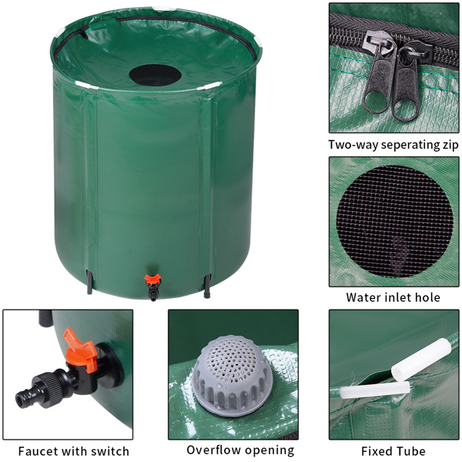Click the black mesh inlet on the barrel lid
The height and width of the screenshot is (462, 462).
click(155, 75)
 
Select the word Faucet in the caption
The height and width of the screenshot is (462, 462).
click(40, 451)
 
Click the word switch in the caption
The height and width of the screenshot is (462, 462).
click(110, 451)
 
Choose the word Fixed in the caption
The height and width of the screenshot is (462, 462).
click(380, 451)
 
